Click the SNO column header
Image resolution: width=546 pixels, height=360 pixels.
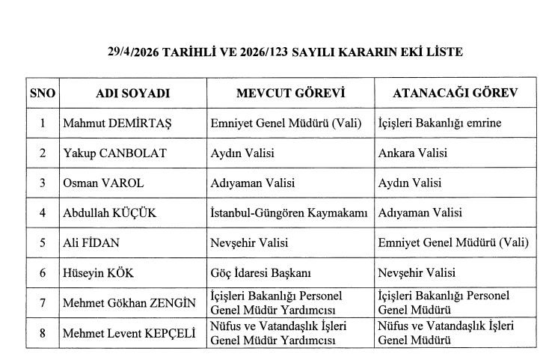pyautogui.click(x=43, y=94)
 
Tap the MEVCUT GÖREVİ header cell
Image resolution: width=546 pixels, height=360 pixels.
pyautogui.click(x=289, y=94)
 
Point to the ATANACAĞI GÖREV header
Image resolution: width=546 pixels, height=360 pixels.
pyautogui.click(x=455, y=94)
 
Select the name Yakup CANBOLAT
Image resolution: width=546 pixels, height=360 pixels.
pyautogui.click(x=114, y=153)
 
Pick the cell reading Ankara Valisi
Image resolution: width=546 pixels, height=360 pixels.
pyautogui.click(x=413, y=153)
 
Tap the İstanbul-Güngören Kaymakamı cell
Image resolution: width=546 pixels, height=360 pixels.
pyautogui.click(x=289, y=213)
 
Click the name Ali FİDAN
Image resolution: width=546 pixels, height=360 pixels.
pyautogui.click(x=91, y=243)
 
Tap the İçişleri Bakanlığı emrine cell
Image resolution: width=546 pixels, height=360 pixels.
pyautogui.click(x=440, y=123)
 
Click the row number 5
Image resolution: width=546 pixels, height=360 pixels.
pyautogui.click(x=43, y=243)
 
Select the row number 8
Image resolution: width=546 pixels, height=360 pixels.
pyautogui.click(x=43, y=333)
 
